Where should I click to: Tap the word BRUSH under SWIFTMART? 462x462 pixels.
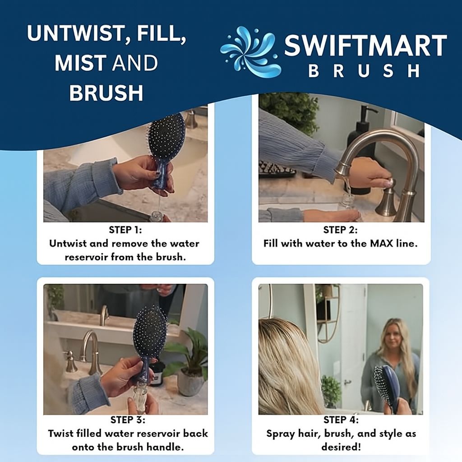pyautogui.click(x=365, y=71)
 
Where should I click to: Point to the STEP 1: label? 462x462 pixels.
pyautogui.click(x=125, y=230)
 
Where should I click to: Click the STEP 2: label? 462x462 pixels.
pyautogui.click(x=341, y=230)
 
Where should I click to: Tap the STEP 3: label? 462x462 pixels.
pyautogui.click(x=128, y=420)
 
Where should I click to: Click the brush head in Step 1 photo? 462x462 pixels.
pyautogui.click(x=166, y=135)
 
